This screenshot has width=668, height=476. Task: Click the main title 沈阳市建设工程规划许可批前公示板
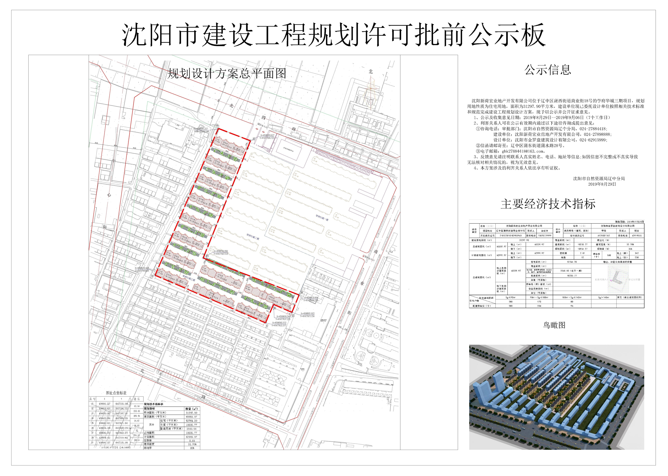click(334, 36)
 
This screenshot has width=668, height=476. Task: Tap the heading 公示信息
click(548, 70)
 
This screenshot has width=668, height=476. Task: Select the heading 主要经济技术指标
click(548, 204)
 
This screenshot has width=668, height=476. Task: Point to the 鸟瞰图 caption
click(554, 325)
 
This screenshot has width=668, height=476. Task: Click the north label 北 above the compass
click(371, 72)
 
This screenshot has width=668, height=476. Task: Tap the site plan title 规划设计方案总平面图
click(226, 73)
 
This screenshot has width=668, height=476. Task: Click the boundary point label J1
click(217, 125)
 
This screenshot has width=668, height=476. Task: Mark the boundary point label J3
click(207, 256)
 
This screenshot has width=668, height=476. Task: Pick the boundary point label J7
click(267, 326)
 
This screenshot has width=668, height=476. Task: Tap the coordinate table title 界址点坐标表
click(116, 393)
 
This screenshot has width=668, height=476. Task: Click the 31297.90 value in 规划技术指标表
click(191, 412)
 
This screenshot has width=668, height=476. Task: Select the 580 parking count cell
click(609, 255)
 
